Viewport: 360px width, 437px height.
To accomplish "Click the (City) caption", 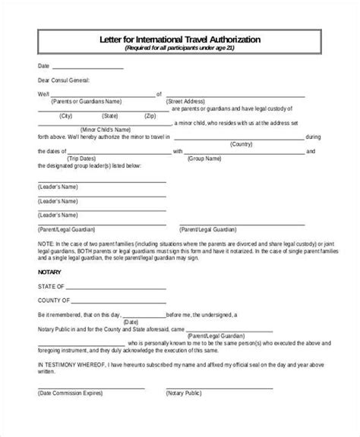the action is [66, 116].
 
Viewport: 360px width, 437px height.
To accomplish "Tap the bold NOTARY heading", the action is [49, 270].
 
